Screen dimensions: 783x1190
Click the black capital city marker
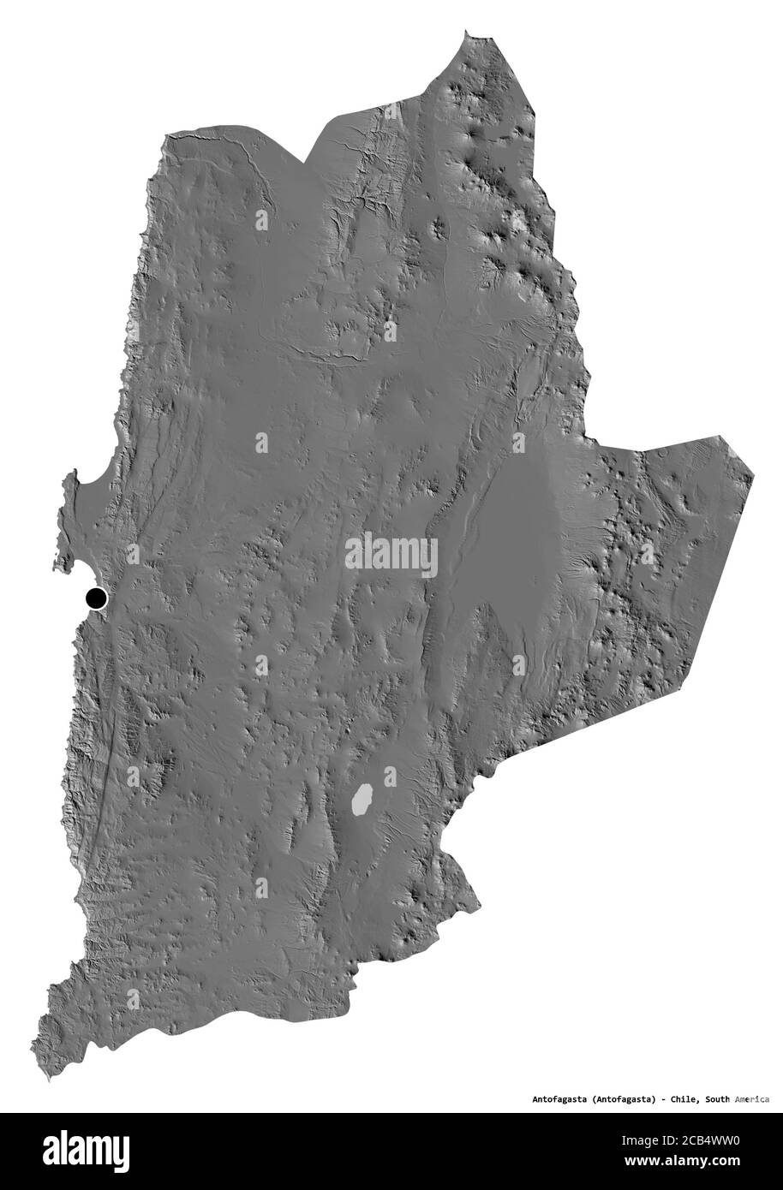(95, 598)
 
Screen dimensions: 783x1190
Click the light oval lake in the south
(362, 800)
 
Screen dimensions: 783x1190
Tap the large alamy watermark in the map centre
(391, 555)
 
